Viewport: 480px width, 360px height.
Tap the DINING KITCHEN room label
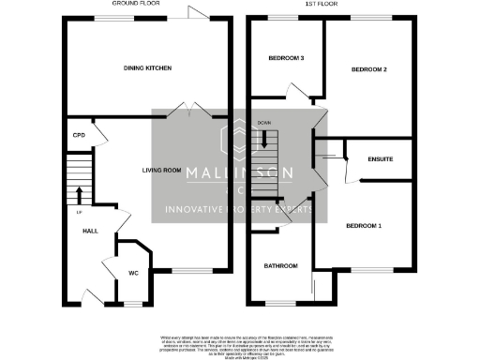tap(148, 68)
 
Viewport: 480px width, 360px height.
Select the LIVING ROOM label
tap(161, 170)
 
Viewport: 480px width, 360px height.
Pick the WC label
tap(134, 274)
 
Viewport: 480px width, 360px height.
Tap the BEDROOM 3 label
tap(286, 58)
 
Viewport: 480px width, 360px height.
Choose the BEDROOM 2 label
tap(369, 69)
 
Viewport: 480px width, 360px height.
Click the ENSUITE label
tap(381, 158)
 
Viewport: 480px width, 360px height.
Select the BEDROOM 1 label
tap(365, 226)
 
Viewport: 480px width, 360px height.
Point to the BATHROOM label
tap(280, 266)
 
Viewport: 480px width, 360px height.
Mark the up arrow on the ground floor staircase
tap(79, 195)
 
